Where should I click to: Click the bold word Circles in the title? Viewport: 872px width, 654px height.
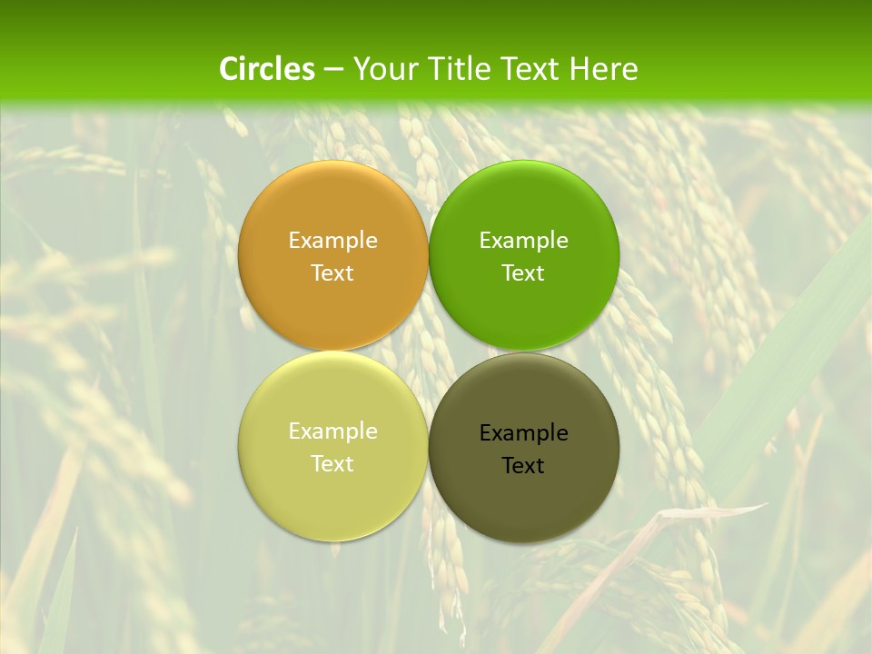tap(267, 69)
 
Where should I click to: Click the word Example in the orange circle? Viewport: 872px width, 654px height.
tap(332, 240)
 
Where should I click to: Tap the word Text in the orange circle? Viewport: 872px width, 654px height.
tap(332, 272)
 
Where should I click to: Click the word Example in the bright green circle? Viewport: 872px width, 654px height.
tap(524, 240)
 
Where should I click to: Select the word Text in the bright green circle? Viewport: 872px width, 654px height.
tap(524, 272)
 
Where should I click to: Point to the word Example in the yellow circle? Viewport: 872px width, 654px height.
tap(332, 431)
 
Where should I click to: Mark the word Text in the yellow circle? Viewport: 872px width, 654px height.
tap(332, 463)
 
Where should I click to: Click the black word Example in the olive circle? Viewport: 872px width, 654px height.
tap(524, 432)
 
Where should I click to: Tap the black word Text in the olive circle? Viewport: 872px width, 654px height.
tap(523, 465)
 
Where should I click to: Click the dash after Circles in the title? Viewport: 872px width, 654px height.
tap(333, 70)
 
